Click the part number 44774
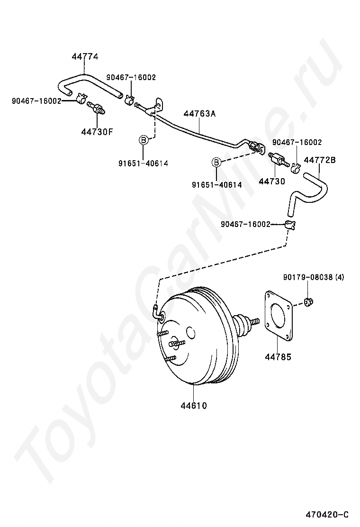pyautogui.click(x=85, y=57)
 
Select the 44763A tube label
pyautogui.click(x=199, y=114)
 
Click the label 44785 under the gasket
pyautogui.click(x=278, y=356)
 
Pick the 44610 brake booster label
pyautogui.click(x=194, y=406)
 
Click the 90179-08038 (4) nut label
pyautogui.click(x=314, y=277)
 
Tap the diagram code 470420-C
pyautogui.click(x=327, y=515)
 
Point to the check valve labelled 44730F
pyautogui.click(x=96, y=108)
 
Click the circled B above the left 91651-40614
pyautogui.click(x=143, y=139)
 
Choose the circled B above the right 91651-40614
pyautogui.click(x=216, y=162)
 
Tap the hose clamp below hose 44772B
pyautogui.click(x=290, y=225)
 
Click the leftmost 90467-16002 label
pyautogui.click(x=36, y=100)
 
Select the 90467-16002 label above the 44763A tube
pyautogui.click(x=131, y=77)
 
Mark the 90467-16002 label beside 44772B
pyautogui.click(x=297, y=142)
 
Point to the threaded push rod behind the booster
pyautogui.click(x=254, y=322)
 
